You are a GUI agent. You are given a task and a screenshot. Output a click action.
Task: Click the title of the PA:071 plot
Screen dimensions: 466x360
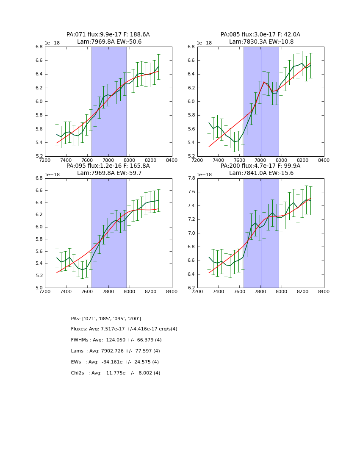[108, 38]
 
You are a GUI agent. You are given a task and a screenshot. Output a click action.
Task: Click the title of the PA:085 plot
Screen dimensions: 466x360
[260, 38]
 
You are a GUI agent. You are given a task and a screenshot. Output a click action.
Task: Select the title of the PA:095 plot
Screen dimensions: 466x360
[108, 169]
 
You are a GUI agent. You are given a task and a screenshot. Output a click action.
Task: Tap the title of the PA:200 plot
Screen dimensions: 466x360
[260, 169]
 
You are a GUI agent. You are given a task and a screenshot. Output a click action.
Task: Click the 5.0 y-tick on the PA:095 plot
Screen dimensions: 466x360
[39, 288]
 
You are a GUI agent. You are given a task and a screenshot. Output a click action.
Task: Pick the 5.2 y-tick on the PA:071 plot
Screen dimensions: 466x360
[39, 156]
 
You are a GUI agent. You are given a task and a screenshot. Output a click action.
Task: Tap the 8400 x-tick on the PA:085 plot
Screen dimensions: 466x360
[324, 160]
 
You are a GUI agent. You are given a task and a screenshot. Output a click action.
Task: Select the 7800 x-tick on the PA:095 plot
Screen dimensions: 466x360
[108, 291]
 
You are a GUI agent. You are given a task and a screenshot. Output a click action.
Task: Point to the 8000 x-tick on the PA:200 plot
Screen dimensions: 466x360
[282, 291]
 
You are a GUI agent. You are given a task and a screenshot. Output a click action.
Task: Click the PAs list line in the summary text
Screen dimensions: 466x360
[106, 319]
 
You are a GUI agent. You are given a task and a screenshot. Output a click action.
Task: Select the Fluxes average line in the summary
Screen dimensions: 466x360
[124, 329]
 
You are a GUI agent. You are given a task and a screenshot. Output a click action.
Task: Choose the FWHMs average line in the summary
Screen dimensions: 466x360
[116, 340]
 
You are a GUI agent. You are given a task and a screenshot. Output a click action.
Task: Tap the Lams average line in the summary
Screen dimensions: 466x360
[115, 351]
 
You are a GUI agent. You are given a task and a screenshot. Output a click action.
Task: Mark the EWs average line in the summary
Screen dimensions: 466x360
[115, 362]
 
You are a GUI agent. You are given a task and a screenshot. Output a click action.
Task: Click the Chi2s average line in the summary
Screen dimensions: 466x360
[115, 373]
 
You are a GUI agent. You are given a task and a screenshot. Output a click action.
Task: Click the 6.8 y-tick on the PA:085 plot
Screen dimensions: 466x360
[191, 47]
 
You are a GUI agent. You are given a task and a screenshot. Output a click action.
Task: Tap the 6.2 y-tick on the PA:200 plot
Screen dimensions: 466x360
[191, 288]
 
